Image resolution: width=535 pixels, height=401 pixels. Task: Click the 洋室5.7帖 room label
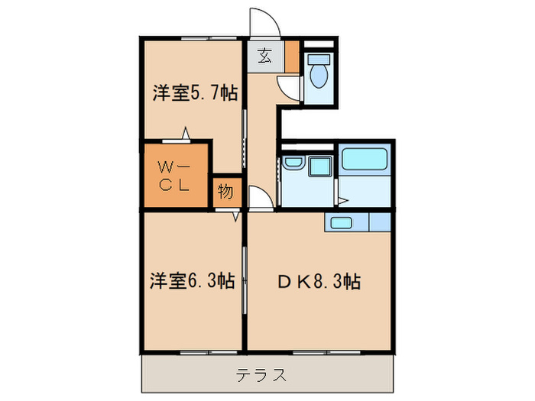click(194, 94)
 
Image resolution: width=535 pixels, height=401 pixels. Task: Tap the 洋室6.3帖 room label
click(191, 281)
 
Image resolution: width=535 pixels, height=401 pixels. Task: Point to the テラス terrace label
click(261, 375)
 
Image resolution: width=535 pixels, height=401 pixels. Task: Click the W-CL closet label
click(176, 174)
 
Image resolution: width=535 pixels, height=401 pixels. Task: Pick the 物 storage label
click(225, 192)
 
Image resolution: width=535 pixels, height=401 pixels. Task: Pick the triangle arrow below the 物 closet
click(238, 216)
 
